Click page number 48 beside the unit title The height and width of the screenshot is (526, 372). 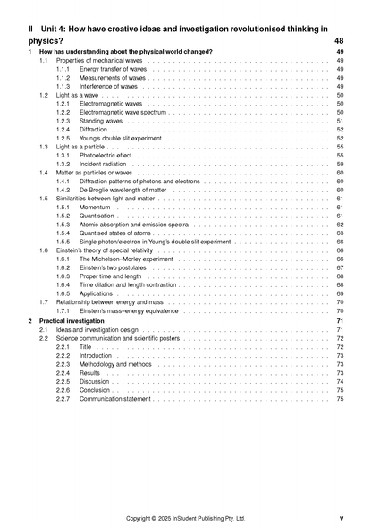point(339,41)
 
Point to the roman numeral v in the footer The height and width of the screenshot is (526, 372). point(342,517)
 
